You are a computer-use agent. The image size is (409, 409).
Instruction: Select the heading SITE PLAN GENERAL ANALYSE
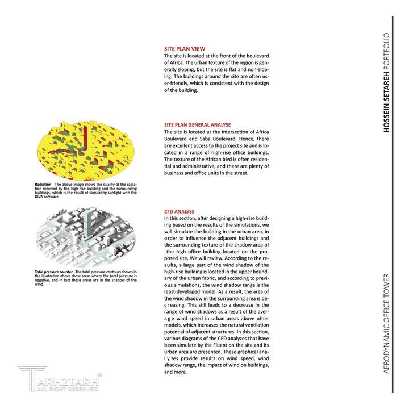(197, 124)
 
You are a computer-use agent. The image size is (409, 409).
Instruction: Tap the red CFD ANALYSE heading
(179, 211)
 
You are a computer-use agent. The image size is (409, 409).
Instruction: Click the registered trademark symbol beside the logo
(101, 374)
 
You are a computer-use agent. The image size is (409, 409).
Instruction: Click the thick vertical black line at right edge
(393, 204)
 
